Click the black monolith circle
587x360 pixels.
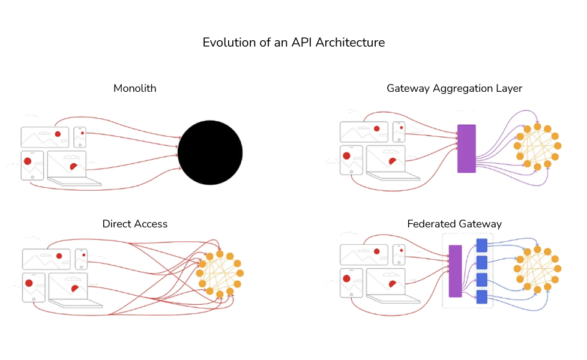point(210,152)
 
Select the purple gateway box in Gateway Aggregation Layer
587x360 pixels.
point(466,149)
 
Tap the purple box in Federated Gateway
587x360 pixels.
point(455,271)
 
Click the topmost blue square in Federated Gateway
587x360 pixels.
point(481,245)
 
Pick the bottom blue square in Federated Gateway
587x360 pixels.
point(481,296)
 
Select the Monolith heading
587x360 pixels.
point(135,88)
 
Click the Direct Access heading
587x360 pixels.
point(135,224)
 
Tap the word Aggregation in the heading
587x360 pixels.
point(459,88)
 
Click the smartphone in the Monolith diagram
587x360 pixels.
point(80,137)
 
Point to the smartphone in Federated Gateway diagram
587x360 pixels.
point(399,254)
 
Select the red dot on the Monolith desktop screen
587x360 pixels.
point(58,134)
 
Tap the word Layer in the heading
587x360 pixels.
point(510,88)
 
